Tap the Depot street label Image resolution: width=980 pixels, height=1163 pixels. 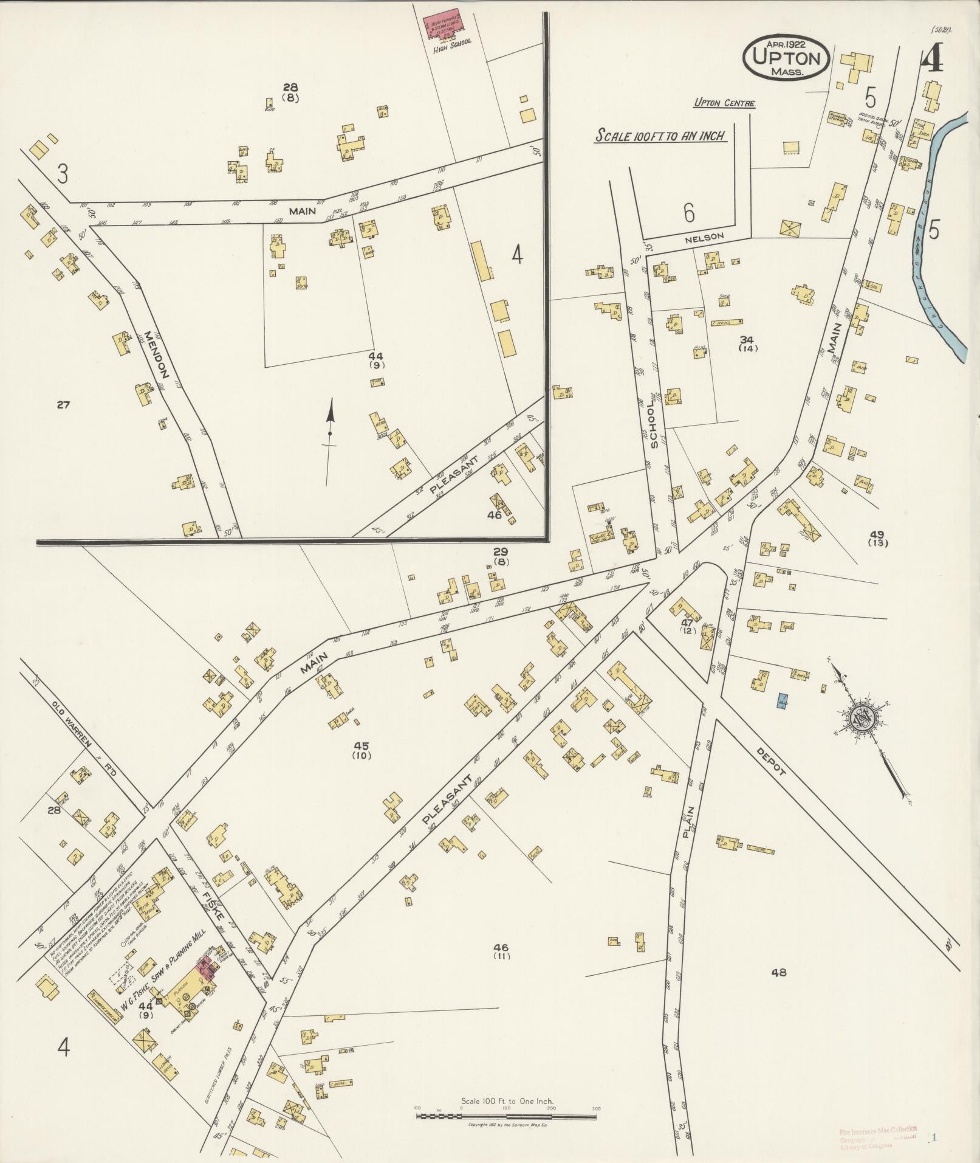coord(772,760)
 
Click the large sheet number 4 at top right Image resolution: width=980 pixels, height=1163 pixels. coord(932,59)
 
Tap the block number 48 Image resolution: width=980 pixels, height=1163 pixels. coord(778,973)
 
